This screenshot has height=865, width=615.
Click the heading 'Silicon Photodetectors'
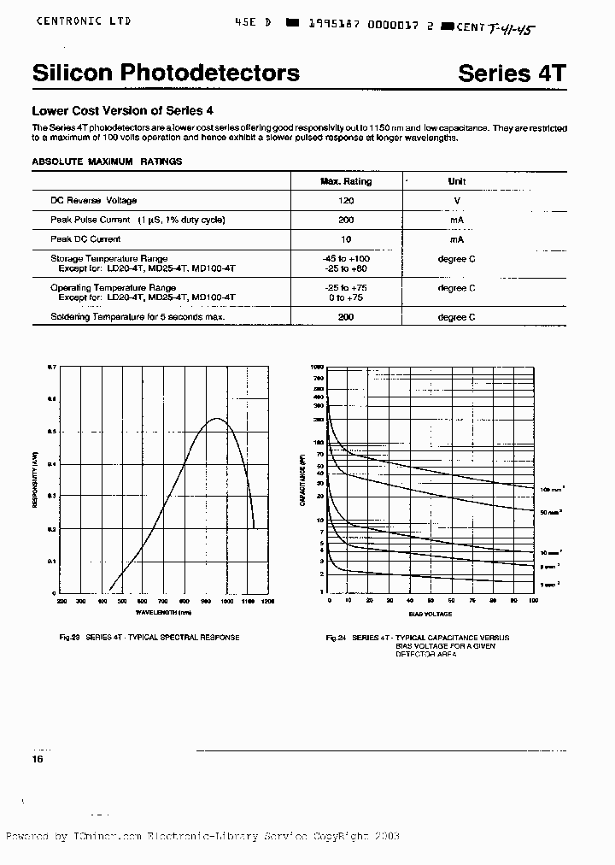click(166, 73)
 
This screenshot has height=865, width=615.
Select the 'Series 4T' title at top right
click(512, 73)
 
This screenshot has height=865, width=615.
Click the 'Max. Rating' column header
click(346, 181)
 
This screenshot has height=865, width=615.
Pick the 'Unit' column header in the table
click(457, 181)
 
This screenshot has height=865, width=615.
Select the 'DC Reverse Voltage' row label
click(93, 200)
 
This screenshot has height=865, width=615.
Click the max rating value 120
click(346, 200)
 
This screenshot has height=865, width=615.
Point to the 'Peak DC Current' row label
click(85, 239)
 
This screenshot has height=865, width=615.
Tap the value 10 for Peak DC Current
click(346, 239)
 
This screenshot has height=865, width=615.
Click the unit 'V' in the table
click(457, 200)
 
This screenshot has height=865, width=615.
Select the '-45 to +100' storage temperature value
click(346, 258)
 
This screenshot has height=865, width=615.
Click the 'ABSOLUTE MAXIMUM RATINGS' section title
click(107, 161)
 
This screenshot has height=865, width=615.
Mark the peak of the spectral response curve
click(218, 418)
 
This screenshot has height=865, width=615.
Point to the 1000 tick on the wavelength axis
click(227, 602)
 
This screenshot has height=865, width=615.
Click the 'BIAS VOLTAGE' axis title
click(430, 613)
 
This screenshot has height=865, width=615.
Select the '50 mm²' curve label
click(549, 511)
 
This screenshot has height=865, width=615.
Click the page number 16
click(38, 759)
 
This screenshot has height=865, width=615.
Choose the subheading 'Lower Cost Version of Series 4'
click(122, 110)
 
